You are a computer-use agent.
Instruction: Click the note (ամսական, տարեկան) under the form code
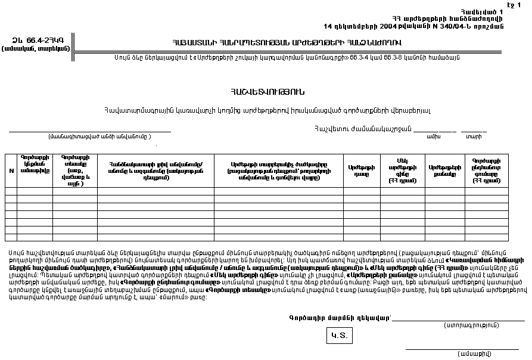36,48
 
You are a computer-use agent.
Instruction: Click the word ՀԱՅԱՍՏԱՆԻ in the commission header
194,43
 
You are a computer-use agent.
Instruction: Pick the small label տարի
474,137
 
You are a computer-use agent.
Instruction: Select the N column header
11,170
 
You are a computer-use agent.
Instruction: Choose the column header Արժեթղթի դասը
362,171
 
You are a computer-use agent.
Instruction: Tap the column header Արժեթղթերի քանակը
441,171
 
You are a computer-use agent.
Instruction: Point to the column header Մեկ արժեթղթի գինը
402,171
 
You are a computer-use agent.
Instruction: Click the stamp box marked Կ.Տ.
339,336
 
